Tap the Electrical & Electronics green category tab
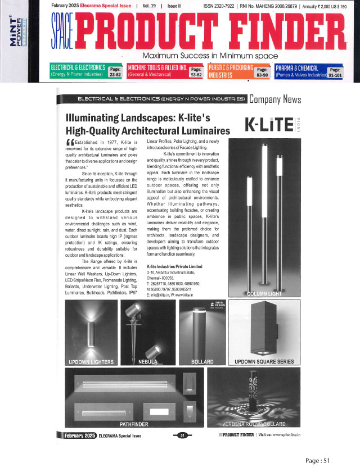87,70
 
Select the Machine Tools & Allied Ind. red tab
165,70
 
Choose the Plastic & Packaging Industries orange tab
240,70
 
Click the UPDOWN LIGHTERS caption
91,361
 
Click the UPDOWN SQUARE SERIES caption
264,361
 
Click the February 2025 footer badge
76,435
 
